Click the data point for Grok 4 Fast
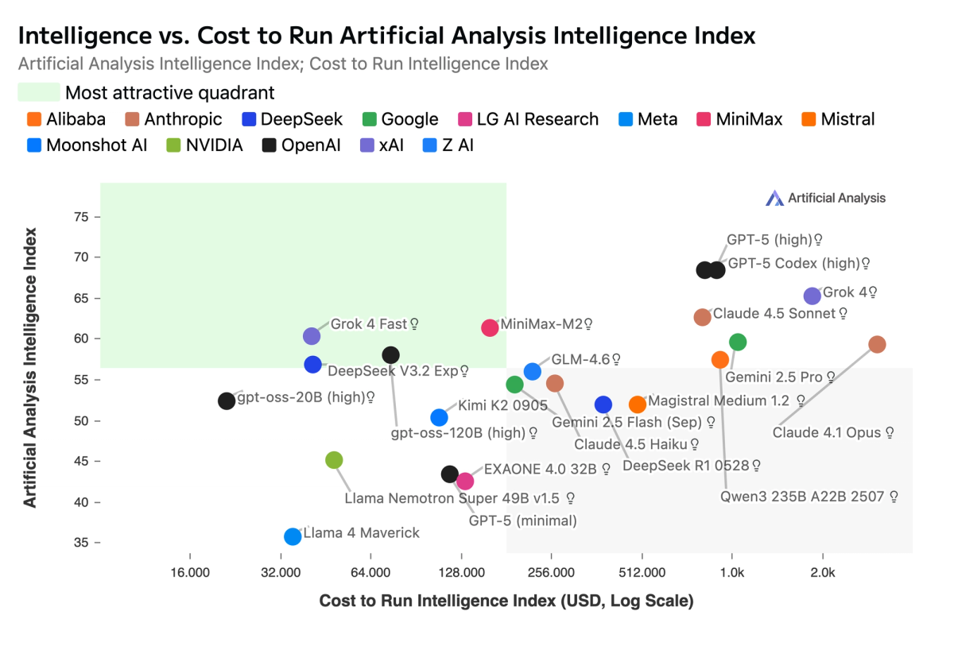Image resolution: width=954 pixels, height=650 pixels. [x=312, y=337]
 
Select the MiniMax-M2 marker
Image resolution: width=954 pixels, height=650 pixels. [x=490, y=327]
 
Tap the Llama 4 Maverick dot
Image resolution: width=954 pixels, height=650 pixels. [x=293, y=536]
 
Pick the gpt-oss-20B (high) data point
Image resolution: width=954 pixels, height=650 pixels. [x=227, y=400]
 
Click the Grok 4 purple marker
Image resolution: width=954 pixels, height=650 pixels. [x=812, y=296]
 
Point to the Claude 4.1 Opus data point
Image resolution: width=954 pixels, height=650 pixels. [x=877, y=344]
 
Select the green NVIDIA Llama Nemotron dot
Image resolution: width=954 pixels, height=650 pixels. [x=334, y=460]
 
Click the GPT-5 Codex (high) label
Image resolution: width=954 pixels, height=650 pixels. [x=793, y=263]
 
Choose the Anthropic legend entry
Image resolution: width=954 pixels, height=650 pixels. [x=176, y=119]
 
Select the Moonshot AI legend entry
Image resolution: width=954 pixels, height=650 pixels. [x=87, y=145]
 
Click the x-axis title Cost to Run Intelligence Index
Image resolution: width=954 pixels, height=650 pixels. [x=506, y=601]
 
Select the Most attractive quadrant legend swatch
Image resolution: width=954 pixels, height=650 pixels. [x=38, y=92]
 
